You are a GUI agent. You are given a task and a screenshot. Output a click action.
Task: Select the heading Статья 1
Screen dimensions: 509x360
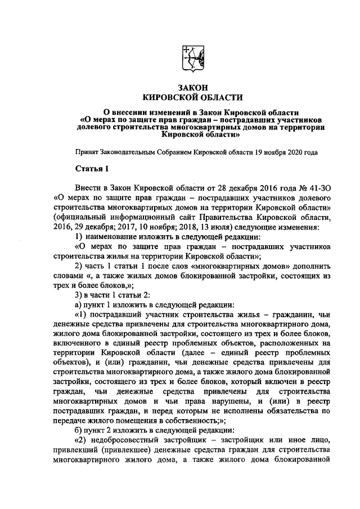89,169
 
